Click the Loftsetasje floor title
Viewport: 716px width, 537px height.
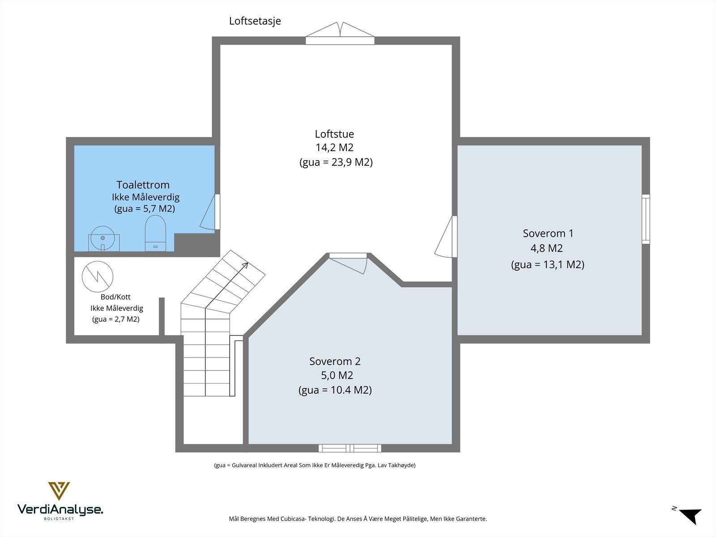tap(255, 21)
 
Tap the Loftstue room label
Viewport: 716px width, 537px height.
tap(334, 134)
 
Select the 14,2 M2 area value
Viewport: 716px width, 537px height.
tap(334, 148)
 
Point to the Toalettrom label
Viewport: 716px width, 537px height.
tap(143, 185)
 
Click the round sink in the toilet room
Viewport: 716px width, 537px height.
tap(103, 238)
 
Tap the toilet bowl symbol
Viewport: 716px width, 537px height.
tap(156, 233)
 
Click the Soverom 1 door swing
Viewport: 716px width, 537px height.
tap(445, 237)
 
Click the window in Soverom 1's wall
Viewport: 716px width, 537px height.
tap(646, 219)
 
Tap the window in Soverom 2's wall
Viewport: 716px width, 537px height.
tap(349, 448)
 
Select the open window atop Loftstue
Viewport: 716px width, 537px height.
tap(340, 33)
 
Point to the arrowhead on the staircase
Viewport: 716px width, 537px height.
tap(245, 265)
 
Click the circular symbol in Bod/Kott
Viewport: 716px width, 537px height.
tap(98, 277)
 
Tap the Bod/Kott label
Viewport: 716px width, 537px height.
tap(115, 297)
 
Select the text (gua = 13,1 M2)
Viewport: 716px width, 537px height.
tap(548, 264)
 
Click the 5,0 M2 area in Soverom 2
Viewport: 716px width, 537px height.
tap(337, 375)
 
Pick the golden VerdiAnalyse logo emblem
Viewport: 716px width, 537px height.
tap(59, 491)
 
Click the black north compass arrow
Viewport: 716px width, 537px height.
tap(691, 516)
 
